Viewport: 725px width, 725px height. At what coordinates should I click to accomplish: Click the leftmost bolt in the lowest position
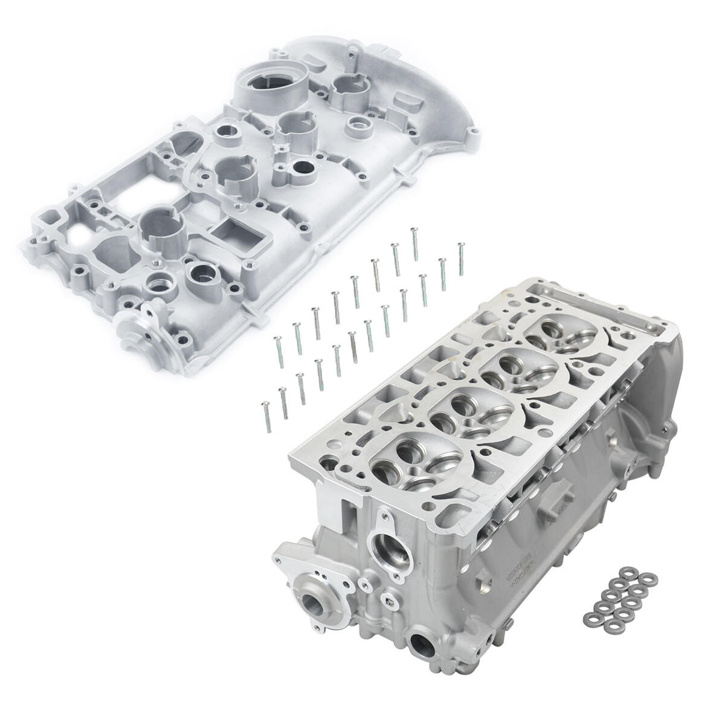264,417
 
